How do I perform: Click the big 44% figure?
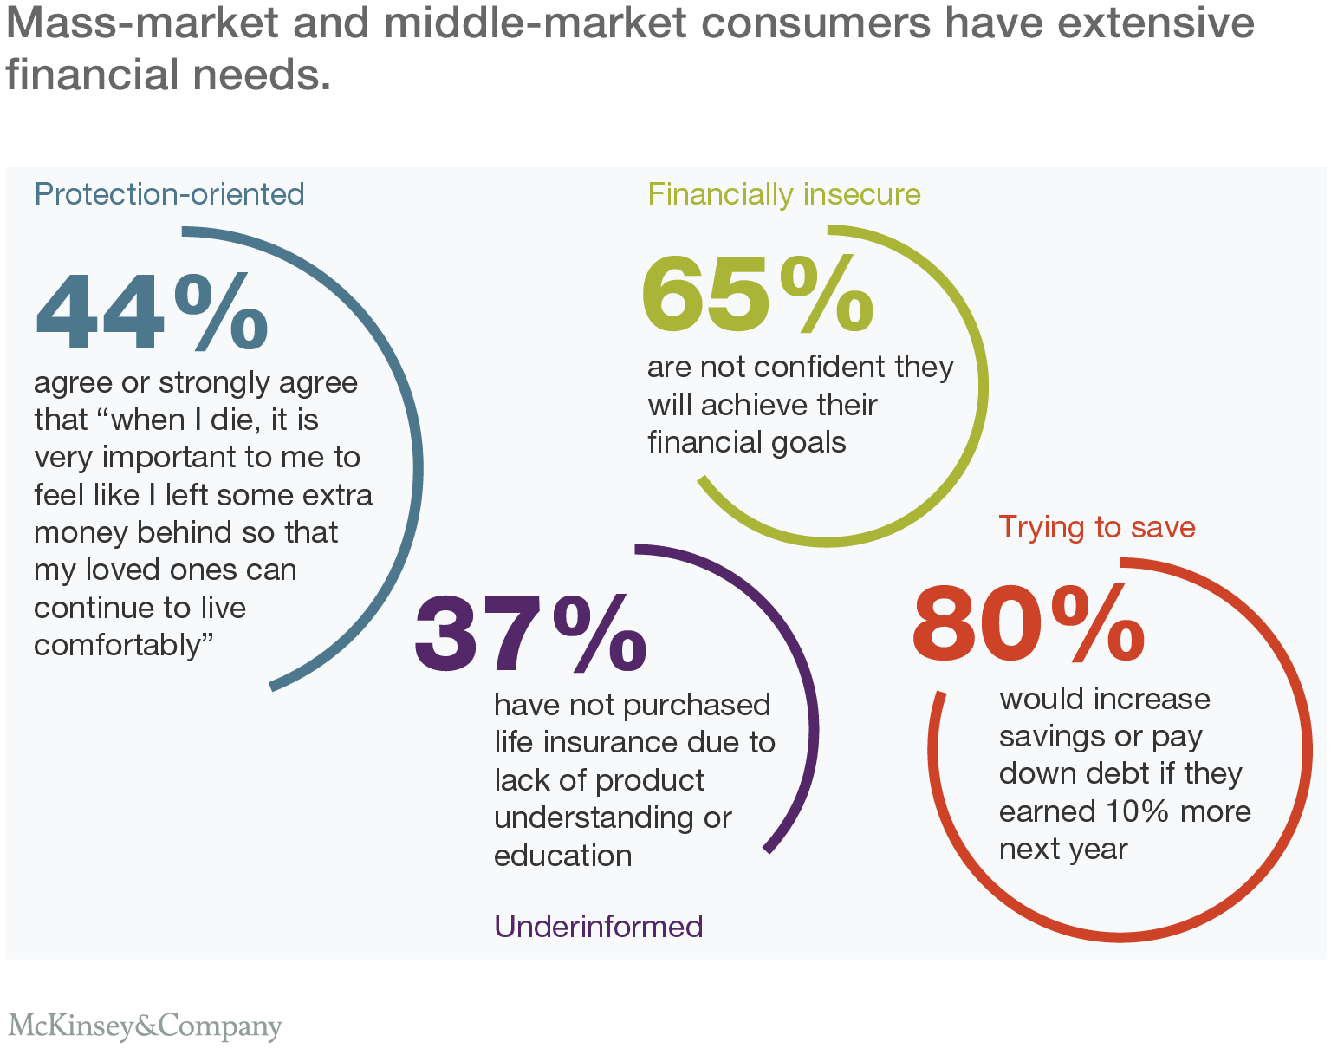(x=152, y=311)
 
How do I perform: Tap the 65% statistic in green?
(x=756, y=295)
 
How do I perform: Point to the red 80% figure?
(x=1028, y=622)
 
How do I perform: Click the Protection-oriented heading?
(x=169, y=193)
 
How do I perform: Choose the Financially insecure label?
(x=783, y=193)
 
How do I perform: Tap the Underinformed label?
(x=598, y=926)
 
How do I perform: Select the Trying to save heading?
(x=1096, y=526)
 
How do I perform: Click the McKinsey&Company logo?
(x=145, y=1026)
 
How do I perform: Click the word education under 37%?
(x=562, y=856)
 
